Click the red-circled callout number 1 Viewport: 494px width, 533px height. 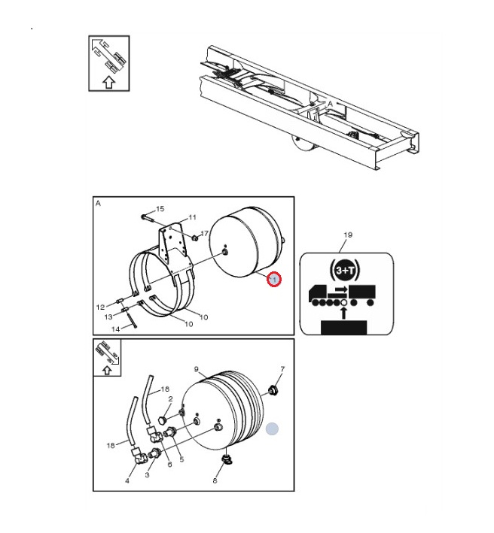[274, 280]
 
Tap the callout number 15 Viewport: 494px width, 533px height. [160, 209]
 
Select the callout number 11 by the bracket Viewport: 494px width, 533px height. [192, 217]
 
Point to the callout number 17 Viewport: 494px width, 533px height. [204, 233]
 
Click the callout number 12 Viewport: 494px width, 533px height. [100, 307]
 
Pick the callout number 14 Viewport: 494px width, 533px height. [116, 329]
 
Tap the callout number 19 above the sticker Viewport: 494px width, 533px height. [348, 235]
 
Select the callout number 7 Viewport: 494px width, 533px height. [282, 369]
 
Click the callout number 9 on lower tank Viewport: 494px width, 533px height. [196, 369]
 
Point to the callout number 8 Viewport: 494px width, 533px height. [215, 480]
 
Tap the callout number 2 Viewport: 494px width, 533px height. [171, 399]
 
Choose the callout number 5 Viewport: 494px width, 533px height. [181, 459]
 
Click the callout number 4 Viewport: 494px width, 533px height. [127, 481]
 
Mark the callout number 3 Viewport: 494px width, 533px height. [147, 475]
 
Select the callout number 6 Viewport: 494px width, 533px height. [170, 465]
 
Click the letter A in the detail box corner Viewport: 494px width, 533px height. [98, 203]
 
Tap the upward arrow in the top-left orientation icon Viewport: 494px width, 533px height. [109, 83]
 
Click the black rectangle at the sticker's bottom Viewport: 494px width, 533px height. [344, 327]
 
